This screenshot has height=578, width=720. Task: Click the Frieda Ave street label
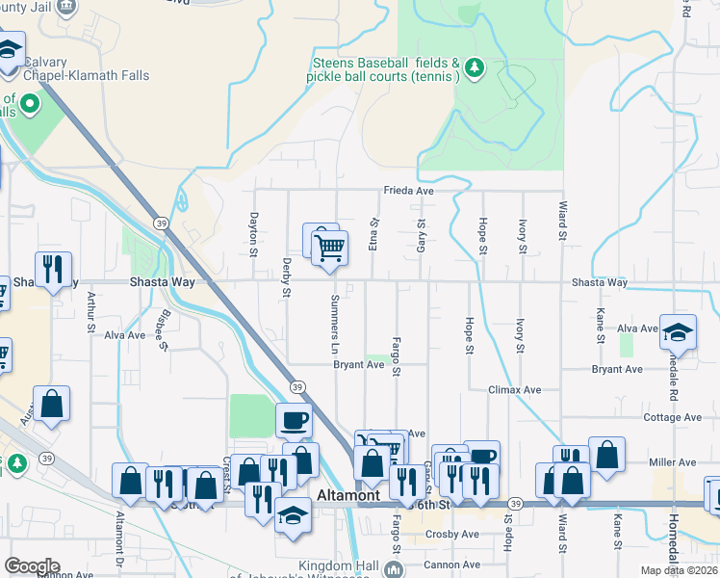(409, 191)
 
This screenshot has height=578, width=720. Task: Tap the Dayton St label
(254, 235)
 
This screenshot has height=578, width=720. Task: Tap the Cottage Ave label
(673, 417)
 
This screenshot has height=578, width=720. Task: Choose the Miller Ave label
(673, 462)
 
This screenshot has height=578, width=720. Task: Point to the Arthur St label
(90, 313)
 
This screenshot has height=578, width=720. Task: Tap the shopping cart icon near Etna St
(329, 248)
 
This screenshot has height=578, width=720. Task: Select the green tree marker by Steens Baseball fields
(473, 67)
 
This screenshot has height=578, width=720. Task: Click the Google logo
(32, 566)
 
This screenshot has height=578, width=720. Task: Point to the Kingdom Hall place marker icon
(393, 570)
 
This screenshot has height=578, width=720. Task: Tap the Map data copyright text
(678, 570)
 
